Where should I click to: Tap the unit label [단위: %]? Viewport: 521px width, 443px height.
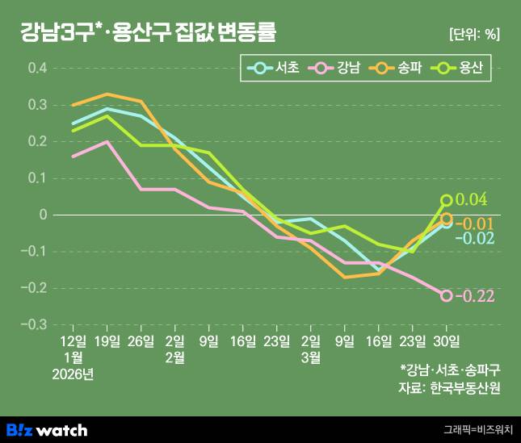473,34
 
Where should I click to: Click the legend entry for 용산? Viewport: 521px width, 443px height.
458,69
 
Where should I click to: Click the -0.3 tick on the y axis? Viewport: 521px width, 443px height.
36,325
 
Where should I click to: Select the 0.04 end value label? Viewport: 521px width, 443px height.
472,200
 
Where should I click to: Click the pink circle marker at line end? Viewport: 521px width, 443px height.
446,295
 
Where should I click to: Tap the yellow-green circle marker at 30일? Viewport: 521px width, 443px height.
446,200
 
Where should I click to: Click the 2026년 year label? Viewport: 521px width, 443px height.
72,374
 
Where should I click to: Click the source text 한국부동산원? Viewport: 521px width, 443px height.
467,388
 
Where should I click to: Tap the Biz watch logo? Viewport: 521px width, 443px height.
47,429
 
